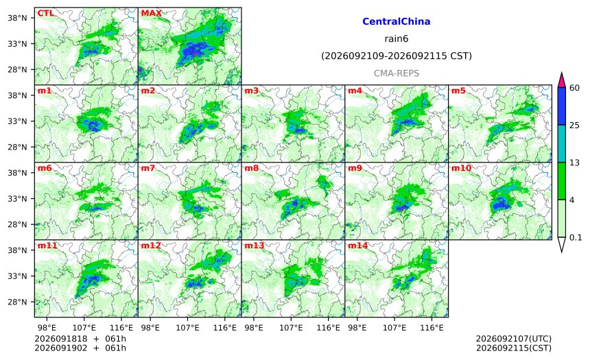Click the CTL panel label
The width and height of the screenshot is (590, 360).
click(x=45, y=14)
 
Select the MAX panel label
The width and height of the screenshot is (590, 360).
click(x=151, y=14)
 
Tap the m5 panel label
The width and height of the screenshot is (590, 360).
click(x=458, y=91)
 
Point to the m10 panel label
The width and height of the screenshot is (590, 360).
click(x=461, y=168)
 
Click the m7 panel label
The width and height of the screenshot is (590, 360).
click(x=148, y=168)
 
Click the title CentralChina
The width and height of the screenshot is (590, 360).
click(x=397, y=21)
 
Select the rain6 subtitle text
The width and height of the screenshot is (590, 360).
click(x=397, y=39)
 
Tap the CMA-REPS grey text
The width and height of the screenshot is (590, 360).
click(x=397, y=73)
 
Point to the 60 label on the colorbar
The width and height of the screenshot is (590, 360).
click(x=575, y=88)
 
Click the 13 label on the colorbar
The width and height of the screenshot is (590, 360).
click(x=575, y=163)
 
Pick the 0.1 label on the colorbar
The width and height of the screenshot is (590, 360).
click(x=576, y=238)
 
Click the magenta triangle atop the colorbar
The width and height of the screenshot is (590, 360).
click(x=562, y=81)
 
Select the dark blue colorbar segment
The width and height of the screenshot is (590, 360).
click(x=562, y=106)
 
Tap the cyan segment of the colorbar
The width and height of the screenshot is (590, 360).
click(x=562, y=144)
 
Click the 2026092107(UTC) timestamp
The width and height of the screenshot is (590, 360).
click(x=514, y=339)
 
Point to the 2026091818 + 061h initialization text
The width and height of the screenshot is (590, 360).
click(x=80, y=339)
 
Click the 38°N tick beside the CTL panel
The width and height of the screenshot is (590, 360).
click(x=17, y=18)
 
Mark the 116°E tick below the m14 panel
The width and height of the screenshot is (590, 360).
click(x=432, y=328)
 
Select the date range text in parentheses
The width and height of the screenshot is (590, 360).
click(x=397, y=56)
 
